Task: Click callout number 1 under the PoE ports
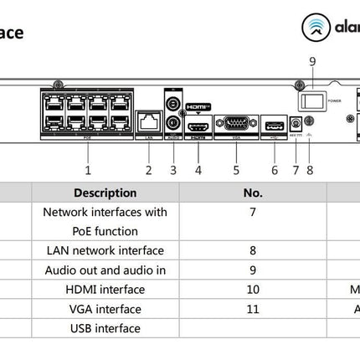(88, 170)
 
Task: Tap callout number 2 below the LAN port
(148, 170)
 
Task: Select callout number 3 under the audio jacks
(173, 170)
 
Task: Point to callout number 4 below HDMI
(198, 170)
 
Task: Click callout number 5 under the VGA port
(236, 170)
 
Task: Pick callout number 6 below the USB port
(275, 170)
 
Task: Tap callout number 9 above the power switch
(312, 61)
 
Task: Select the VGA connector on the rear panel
(235, 125)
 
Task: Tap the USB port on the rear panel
(274, 126)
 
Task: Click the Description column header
(105, 193)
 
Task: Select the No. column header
(253, 193)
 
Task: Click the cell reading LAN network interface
(105, 250)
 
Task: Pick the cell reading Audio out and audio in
(105, 270)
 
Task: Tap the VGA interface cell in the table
(105, 309)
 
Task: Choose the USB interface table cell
(105, 328)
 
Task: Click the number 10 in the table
(253, 290)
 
